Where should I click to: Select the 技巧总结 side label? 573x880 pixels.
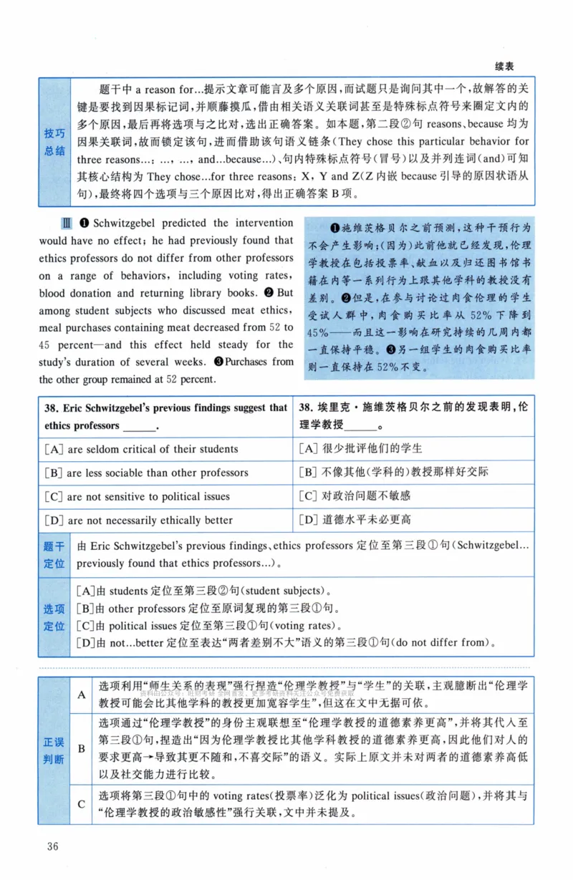pos(54,142)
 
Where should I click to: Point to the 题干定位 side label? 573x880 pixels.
pos(54,555)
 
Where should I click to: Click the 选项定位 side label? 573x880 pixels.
pos(54,617)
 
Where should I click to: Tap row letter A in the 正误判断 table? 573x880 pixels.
pos(81,695)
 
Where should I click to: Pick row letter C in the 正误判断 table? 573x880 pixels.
pos(81,804)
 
